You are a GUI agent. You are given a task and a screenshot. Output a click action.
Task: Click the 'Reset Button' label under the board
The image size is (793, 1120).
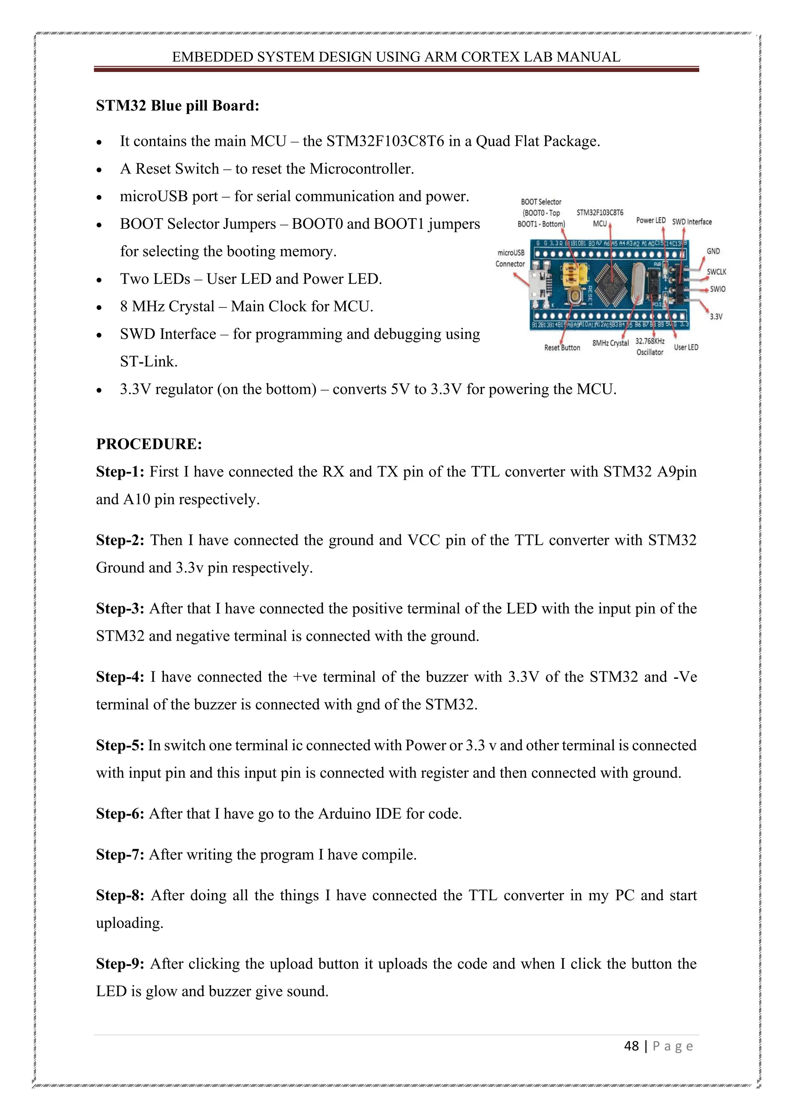tap(562, 348)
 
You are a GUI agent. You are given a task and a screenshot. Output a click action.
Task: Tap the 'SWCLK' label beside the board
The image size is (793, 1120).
tap(716, 272)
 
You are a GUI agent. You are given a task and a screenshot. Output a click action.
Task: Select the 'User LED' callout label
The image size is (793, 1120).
tap(686, 347)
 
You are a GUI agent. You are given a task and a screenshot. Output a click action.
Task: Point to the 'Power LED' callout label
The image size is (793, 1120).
tap(651, 220)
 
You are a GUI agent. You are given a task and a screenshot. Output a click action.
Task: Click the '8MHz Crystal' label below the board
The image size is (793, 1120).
tap(610, 343)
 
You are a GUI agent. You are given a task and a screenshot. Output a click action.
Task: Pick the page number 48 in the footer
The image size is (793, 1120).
tap(632, 1046)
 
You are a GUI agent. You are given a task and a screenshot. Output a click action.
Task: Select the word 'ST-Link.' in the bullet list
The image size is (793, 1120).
tap(148, 362)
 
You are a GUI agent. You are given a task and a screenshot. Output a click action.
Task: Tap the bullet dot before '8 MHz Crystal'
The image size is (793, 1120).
tap(99, 308)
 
